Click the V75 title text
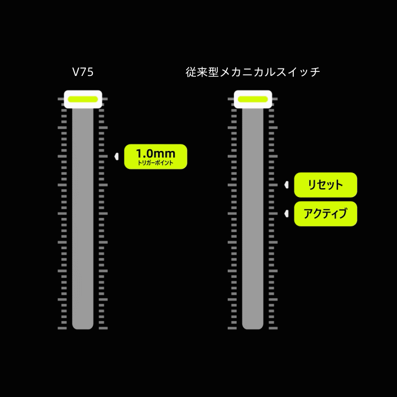pyautogui.click(x=83, y=72)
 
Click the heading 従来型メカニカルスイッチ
pyautogui.click(x=253, y=72)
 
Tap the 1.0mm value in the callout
pyautogui.click(x=155, y=153)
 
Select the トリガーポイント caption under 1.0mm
pyautogui.click(x=155, y=163)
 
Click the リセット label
pyautogui.click(x=326, y=185)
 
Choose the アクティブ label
pyautogui.click(x=326, y=214)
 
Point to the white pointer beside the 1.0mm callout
pyautogui.click(x=116, y=156)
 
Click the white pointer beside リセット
pyautogui.click(x=286, y=185)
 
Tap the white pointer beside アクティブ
pyautogui.click(x=286, y=214)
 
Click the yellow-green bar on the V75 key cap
pyautogui.click(x=83, y=99)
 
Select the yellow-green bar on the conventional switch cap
pyautogui.click(x=253, y=99)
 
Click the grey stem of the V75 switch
pyautogui.click(x=83, y=213)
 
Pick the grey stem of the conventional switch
pyautogui.click(x=253, y=213)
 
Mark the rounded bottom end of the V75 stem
pyautogui.click(x=83, y=325)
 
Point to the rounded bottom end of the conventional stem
pyautogui.click(x=253, y=325)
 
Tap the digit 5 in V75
pyautogui.click(x=90, y=72)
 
